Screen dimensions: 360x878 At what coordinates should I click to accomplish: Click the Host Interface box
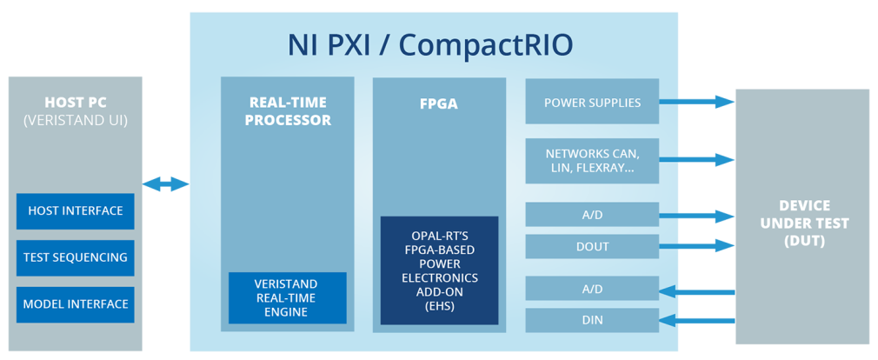click(x=76, y=211)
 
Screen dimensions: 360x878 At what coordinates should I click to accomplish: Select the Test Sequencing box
click(x=76, y=257)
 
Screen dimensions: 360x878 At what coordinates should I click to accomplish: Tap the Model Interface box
click(x=76, y=304)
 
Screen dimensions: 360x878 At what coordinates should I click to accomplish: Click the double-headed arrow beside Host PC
click(x=165, y=184)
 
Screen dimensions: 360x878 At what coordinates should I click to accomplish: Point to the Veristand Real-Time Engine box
click(x=287, y=297)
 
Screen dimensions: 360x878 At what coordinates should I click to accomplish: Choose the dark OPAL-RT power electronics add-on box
click(x=439, y=270)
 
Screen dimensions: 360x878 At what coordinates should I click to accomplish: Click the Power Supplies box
click(x=592, y=103)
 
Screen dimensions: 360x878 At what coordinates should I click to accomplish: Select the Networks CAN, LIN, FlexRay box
click(x=592, y=161)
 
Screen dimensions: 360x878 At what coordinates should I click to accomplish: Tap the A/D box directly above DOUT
click(x=592, y=215)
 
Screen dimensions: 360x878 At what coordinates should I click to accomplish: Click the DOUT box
click(x=592, y=247)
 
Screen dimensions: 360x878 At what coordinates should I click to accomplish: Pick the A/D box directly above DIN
click(x=592, y=289)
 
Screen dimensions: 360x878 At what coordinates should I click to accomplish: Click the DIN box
click(x=592, y=321)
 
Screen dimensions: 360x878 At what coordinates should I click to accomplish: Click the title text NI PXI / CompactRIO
click(x=430, y=44)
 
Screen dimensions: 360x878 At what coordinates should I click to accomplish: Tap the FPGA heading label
click(x=439, y=103)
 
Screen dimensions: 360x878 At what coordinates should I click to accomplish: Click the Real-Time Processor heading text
click(x=288, y=111)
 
